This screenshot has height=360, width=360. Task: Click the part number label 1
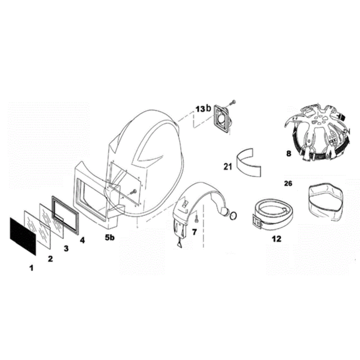click(x=31, y=268)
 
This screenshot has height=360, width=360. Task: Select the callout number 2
click(x=50, y=259)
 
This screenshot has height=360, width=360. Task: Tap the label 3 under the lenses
click(x=66, y=248)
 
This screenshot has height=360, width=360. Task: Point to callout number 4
click(x=82, y=240)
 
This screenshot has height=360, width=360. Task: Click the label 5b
click(x=110, y=238)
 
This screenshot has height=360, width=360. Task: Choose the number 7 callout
click(x=194, y=232)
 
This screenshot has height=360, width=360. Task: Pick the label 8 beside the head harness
click(x=289, y=153)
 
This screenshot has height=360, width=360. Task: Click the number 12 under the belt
click(x=276, y=239)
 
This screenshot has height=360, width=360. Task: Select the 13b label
click(x=203, y=109)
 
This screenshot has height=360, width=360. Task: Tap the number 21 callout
click(x=228, y=167)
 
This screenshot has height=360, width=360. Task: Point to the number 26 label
click(x=289, y=183)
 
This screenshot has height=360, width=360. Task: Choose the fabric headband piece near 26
click(x=326, y=202)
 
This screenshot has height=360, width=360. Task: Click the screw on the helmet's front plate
click(x=133, y=191)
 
